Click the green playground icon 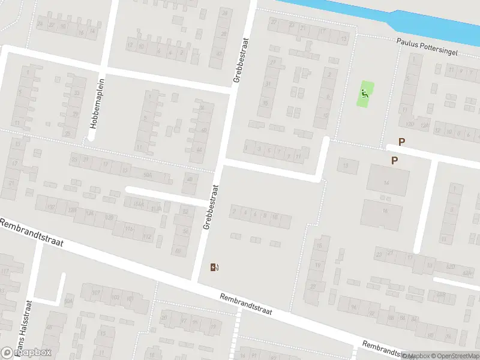(365, 94)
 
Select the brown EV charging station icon (214, 267)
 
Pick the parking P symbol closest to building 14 (395, 160)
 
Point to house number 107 (95, 293)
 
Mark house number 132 (52, 207)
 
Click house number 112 (147, 236)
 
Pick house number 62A (467, 272)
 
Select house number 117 (5, 272)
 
